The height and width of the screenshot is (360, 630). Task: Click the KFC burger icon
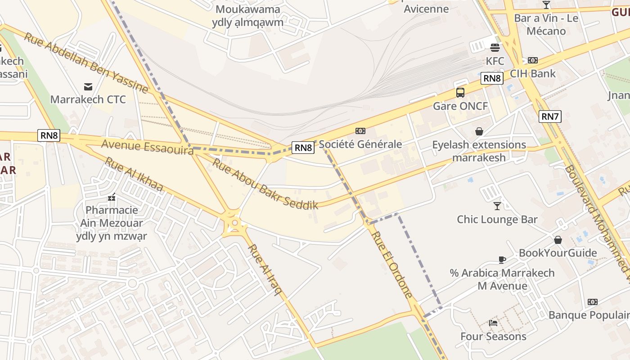[495, 47]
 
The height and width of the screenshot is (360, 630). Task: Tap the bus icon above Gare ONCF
[460, 93]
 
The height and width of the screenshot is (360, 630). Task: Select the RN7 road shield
[550, 117]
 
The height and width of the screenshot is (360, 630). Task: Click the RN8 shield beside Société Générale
[303, 147]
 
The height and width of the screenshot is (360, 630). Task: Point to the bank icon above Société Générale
[360, 131]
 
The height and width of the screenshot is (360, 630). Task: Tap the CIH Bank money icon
[533, 60]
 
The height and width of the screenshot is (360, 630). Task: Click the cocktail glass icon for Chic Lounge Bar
[497, 206]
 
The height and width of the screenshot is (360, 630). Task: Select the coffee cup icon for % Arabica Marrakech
[502, 260]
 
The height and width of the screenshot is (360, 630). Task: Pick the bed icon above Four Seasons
[493, 323]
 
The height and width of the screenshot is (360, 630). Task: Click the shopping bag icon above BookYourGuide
[558, 240]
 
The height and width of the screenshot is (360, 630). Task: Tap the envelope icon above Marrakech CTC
[88, 86]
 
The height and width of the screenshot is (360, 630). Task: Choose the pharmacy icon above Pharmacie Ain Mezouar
[112, 197]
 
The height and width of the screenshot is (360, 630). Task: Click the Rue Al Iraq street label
[265, 269]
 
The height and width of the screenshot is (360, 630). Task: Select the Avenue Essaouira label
[148, 147]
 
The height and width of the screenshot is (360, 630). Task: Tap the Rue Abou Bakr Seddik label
[265, 184]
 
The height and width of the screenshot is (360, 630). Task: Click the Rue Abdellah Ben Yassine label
[85, 63]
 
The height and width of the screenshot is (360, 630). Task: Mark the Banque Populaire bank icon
[592, 302]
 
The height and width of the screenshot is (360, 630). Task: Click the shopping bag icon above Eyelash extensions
[479, 131]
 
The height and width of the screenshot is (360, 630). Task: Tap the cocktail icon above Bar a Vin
[546, 5]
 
